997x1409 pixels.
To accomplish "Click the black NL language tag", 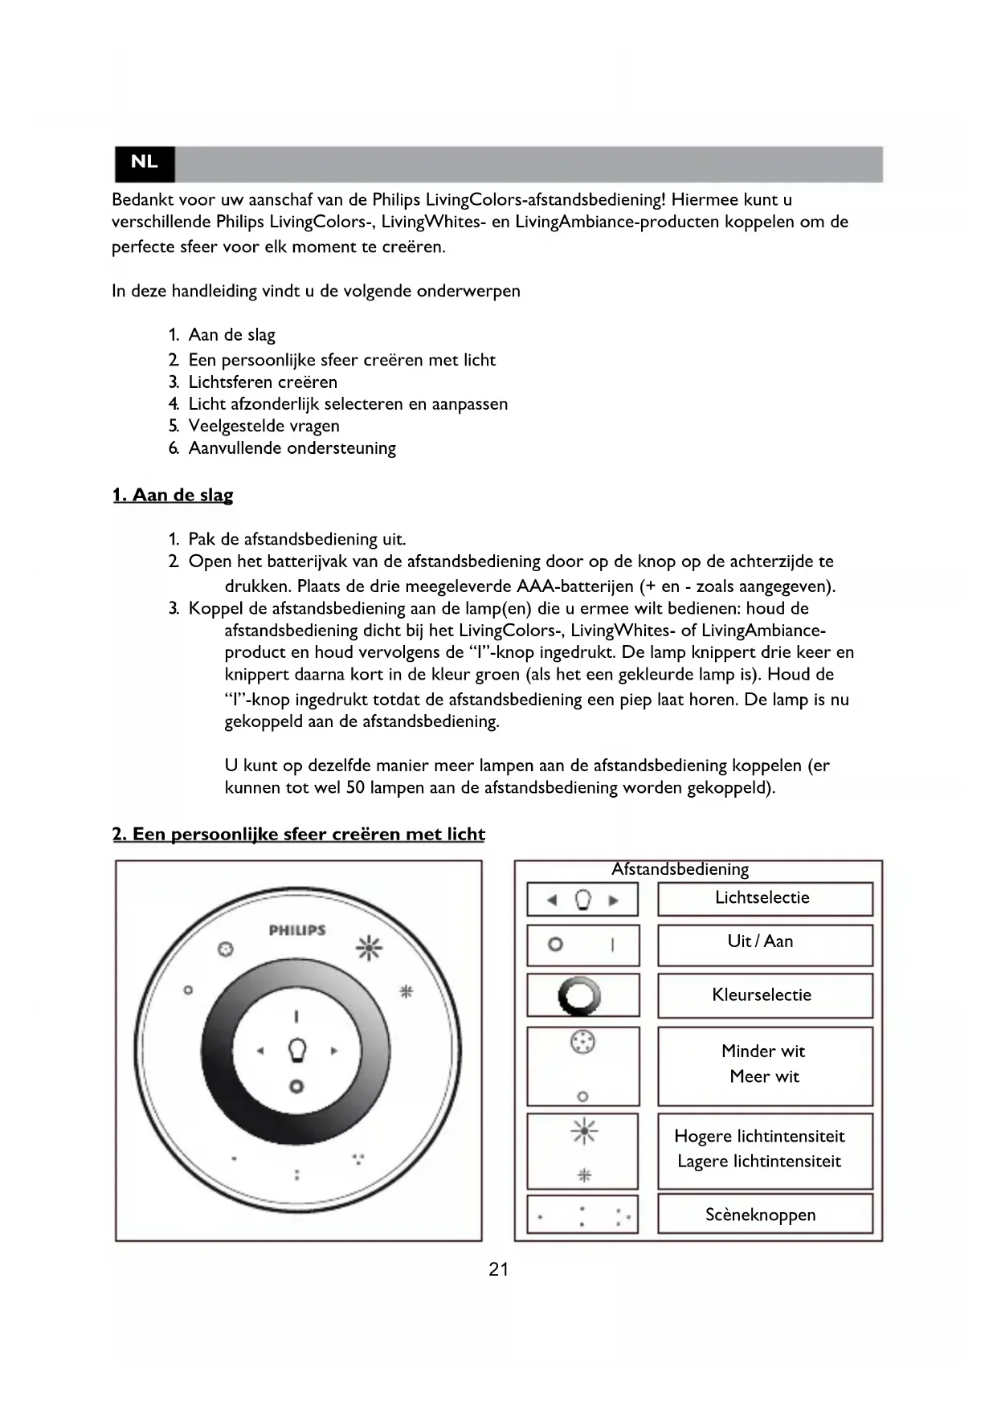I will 145,162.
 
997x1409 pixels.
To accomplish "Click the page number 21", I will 498,1270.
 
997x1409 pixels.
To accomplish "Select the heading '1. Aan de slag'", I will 173,495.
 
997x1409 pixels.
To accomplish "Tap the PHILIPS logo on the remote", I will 297,930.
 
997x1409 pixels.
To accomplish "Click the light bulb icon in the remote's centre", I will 297,1050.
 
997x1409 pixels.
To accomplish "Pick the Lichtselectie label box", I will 764,899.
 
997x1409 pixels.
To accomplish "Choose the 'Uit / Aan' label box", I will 764,944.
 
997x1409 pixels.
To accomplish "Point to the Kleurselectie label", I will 762,995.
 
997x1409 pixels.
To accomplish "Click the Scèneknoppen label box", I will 764,1214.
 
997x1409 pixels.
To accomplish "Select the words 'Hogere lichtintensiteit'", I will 759,1137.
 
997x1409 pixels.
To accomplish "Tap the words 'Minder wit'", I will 762,1052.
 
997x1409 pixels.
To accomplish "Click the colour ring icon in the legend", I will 579,997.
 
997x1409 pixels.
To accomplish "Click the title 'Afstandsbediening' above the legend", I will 680,869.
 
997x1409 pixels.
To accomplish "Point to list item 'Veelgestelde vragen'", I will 264,427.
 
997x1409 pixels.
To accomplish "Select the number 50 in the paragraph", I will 355,788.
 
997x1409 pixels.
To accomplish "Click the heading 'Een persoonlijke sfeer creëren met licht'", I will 299,835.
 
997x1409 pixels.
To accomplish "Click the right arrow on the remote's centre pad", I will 334,1051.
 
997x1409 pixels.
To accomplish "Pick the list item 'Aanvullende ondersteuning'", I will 292,448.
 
